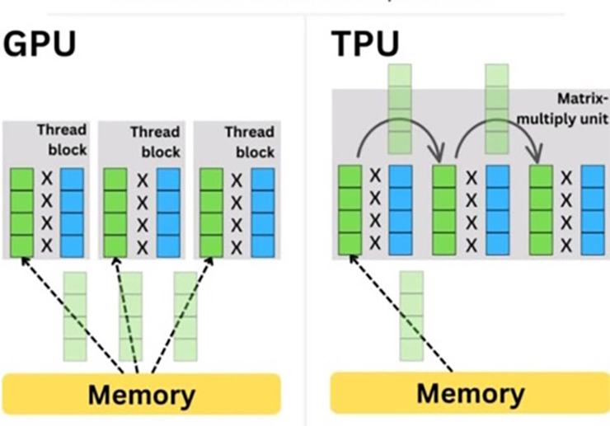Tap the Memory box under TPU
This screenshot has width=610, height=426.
tap(469, 392)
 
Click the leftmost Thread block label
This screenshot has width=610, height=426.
tap(62, 140)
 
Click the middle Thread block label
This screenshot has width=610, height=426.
tap(155, 142)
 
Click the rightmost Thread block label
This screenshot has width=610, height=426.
tap(249, 142)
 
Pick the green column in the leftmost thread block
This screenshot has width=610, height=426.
tap(21, 213)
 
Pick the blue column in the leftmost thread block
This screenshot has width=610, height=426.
tap(73, 213)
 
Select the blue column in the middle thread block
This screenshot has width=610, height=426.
tap(168, 213)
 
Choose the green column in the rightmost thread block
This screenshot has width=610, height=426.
tap(212, 213)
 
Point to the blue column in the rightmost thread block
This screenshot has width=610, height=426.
tap(263, 213)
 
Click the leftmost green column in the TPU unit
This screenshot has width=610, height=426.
tap(350, 209)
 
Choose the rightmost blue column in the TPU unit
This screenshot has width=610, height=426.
tap(593, 209)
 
